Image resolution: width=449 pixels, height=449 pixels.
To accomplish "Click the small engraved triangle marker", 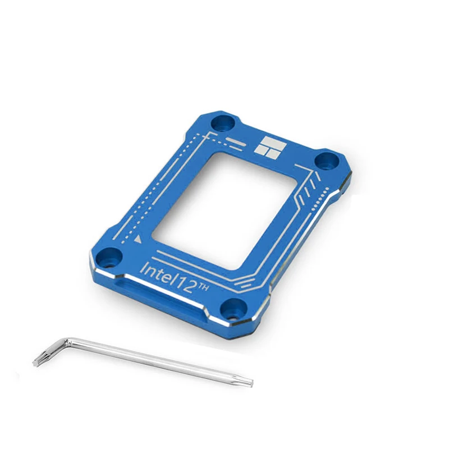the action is coord(138,239).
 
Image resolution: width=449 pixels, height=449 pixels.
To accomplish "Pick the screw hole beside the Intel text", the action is coord(109,256).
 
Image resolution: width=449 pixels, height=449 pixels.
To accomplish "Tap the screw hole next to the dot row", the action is coord(327,162).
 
